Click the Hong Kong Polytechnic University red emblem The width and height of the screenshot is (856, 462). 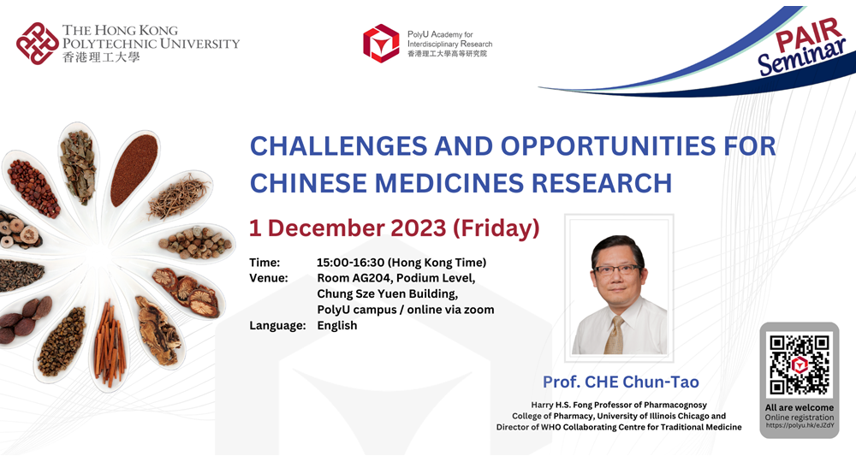pos(37,44)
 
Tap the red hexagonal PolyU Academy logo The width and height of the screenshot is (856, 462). pos(381,43)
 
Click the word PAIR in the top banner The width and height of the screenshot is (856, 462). pos(809,35)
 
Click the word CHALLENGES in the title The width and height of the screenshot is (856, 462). pos(338,146)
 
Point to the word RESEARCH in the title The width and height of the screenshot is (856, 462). pos(602,183)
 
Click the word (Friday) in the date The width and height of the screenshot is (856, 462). pos(496,228)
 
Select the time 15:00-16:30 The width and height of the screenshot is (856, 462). pos(350,263)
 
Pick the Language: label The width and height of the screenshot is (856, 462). pos(277,326)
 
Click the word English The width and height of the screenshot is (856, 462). pos(336,326)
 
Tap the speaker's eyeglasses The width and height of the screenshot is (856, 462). pos(617,269)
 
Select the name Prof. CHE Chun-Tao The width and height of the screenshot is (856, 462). pos(621,382)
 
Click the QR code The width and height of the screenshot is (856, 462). pos(800,364)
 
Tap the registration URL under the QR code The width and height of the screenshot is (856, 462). pos(800,425)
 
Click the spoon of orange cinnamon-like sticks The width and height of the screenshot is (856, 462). pos(110,344)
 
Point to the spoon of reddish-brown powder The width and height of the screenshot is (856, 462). pos(133,169)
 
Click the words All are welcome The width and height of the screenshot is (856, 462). pos(800,407)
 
